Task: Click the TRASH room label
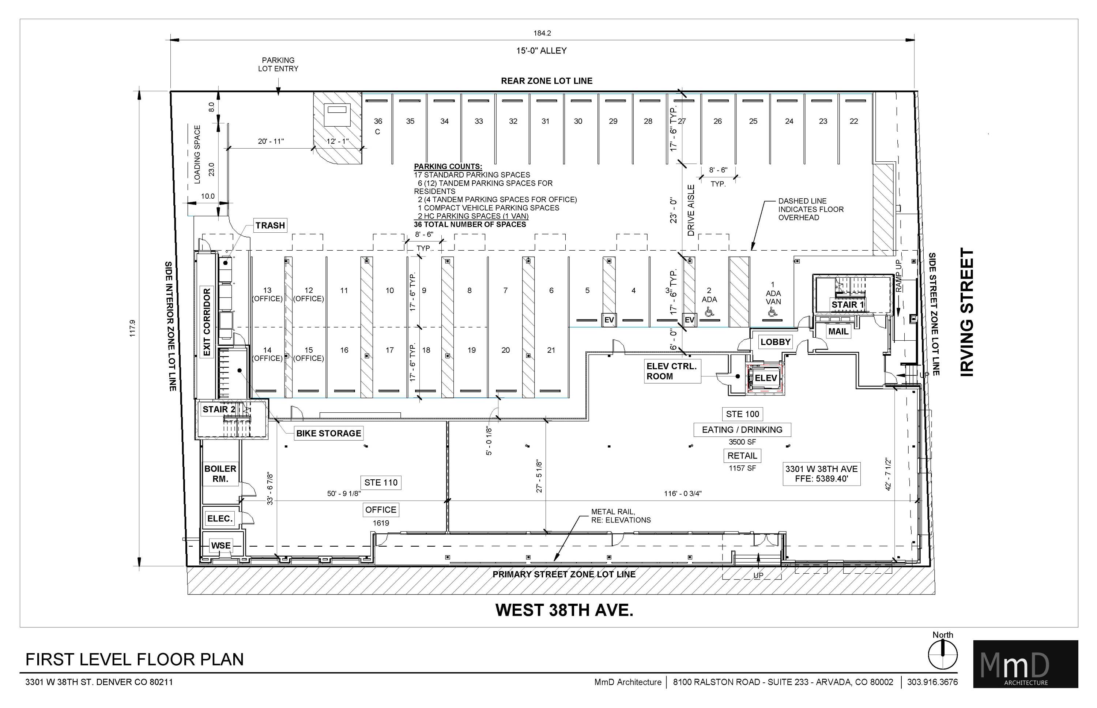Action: click(270, 225)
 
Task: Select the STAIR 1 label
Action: click(848, 304)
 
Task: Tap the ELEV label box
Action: click(766, 378)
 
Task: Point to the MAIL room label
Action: click(838, 331)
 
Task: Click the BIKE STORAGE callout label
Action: click(328, 433)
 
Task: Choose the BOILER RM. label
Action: click(220, 473)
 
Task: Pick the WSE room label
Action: click(221, 546)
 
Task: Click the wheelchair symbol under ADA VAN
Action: click(772, 312)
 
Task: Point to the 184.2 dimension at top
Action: click(542, 33)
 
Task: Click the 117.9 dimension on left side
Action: click(132, 328)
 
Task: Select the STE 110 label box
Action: click(381, 483)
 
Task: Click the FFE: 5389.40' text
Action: click(822, 479)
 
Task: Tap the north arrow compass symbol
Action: click(943, 655)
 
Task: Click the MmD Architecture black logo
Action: click(1025, 664)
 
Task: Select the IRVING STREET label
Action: click(967, 312)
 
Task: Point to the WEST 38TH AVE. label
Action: click(564, 610)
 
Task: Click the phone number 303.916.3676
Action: click(932, 682)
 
